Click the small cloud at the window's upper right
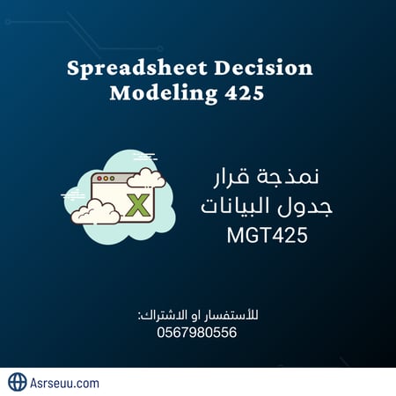(146, 178)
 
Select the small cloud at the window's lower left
(95, 210)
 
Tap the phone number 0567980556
(198, 332)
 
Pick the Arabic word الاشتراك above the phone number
(162, 315)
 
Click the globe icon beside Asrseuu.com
(18, 382)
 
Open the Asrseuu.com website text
(66, 383)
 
